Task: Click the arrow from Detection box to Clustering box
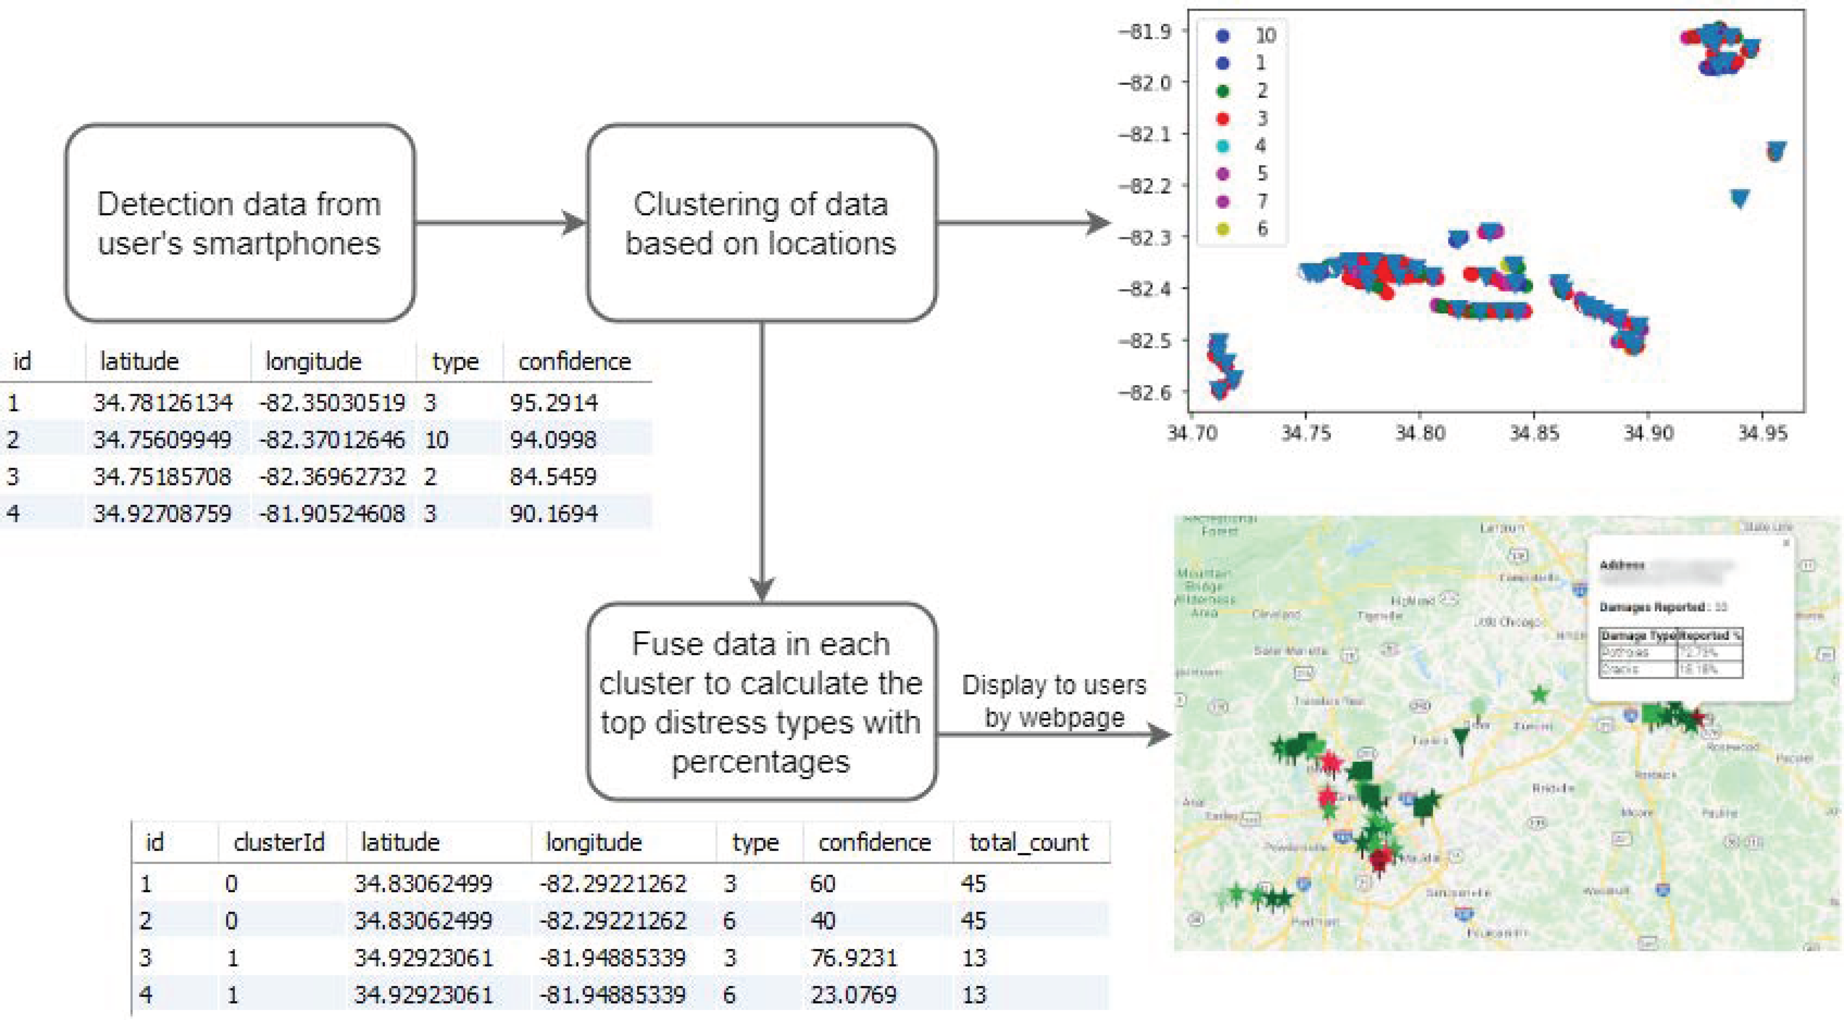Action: click(501, 222)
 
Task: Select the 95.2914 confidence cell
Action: click(553, 403)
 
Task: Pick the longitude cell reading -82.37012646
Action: click(332, 439)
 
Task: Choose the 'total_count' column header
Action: click(1029, 843)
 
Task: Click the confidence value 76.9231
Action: click(853, 958)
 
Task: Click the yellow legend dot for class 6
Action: click(1223, 229)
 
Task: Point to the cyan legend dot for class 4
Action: click(1223, 146)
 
